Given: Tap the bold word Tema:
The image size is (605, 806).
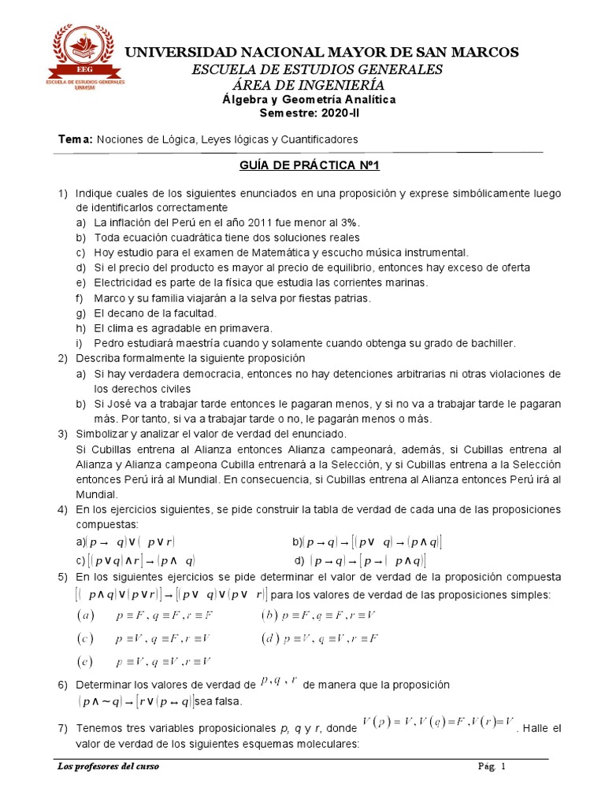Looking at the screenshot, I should coord(76,139).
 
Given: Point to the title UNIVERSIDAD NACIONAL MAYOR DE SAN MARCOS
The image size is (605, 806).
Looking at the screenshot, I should coord(323,53).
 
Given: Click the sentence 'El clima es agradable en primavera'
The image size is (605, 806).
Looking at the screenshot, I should coord(183,328).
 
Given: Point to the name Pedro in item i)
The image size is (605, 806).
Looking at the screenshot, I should coord(109,343).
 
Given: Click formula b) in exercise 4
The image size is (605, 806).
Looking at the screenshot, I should coord(367,542).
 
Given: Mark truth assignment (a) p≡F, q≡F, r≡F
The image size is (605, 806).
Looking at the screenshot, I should coord(149,614).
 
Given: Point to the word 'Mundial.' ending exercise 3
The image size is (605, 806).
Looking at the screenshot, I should coord(96,494).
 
